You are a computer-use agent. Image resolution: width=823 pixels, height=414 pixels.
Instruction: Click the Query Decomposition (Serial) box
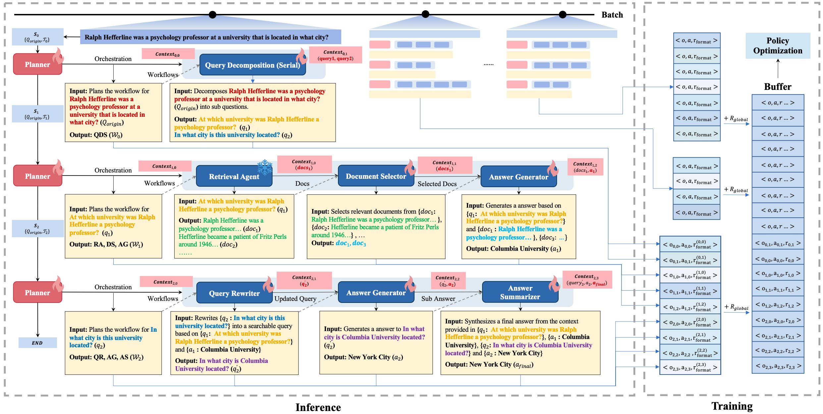pos(252,65)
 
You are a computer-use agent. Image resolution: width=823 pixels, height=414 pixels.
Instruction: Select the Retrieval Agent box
pos(234,176)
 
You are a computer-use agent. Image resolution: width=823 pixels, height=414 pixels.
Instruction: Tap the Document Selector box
pos(376,176)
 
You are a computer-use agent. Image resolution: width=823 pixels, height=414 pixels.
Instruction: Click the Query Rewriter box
pos(234,293)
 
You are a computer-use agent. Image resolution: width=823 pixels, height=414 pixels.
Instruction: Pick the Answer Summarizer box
pos(520,292)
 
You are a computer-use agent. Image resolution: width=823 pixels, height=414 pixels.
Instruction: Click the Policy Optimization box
pos(778,46)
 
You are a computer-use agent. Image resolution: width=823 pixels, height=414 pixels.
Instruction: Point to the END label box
pos(37,343)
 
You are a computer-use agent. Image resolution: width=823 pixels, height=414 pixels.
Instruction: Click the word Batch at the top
pos(612,15)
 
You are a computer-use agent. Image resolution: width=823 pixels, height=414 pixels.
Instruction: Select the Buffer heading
pos(777,87)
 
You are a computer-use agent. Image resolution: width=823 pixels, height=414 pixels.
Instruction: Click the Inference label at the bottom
pos(318,407)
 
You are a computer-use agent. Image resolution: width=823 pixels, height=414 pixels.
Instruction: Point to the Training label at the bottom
pos(732,406)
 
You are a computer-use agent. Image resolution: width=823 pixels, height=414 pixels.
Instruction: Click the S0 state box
pos(37,37)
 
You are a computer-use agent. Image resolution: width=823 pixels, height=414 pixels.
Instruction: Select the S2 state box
pos(37,228)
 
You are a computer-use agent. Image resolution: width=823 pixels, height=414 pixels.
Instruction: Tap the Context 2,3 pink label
pos(587,280)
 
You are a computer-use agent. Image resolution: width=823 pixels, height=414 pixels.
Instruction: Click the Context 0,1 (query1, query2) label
pos(335,55)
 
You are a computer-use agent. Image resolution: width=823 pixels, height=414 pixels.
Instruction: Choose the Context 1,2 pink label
pos(585,167)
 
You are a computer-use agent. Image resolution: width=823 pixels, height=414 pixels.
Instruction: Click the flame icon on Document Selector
pos(410,168)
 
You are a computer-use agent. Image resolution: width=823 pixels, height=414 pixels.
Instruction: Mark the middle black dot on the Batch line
pos(425,14)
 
